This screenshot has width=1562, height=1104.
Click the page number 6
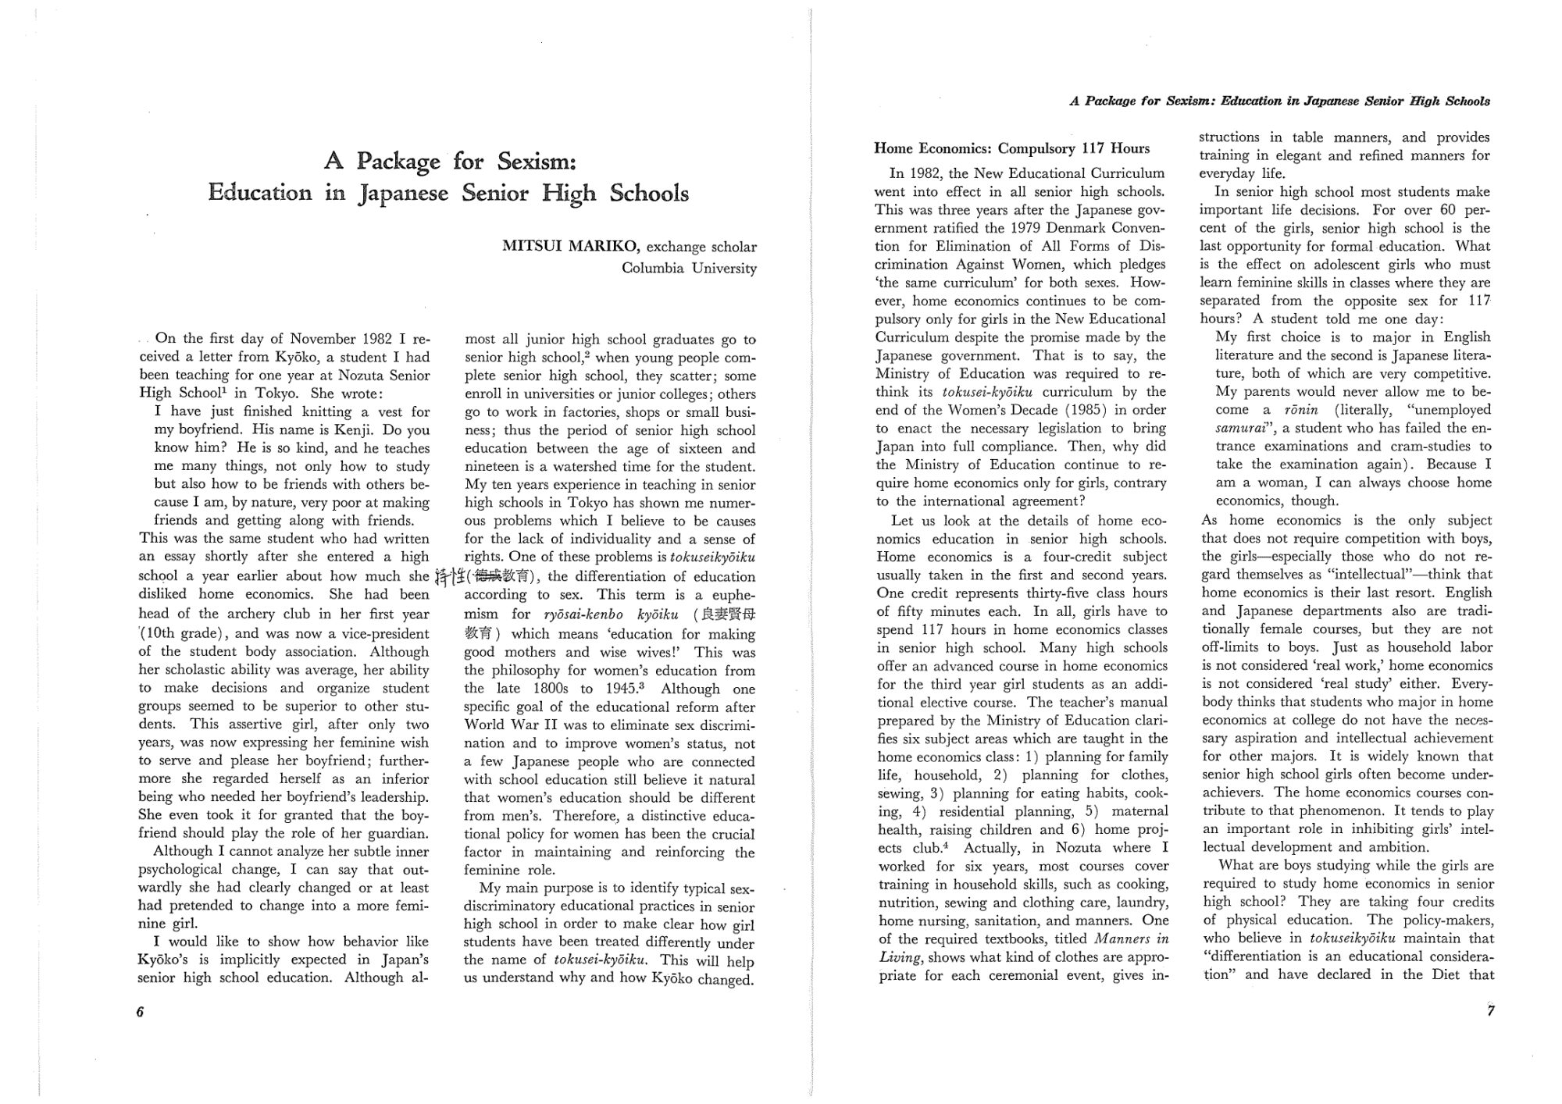[x=141, y=1012]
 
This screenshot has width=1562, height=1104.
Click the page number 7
[x=1490, y=1011]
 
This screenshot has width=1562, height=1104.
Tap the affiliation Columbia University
[x=689, y=269]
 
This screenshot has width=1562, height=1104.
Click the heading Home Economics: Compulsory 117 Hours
[x=1012, y=148]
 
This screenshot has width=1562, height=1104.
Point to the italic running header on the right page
[x=1279, y=101]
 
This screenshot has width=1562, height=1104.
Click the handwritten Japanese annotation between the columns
[x=450, y=578]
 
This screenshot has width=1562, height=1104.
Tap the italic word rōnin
[x=1301, y=410]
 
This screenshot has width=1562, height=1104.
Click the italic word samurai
[x=1242, y=428]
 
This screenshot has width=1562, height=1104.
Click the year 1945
[x=622, y=689]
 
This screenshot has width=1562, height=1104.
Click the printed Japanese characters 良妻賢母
[x=729, y=614]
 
